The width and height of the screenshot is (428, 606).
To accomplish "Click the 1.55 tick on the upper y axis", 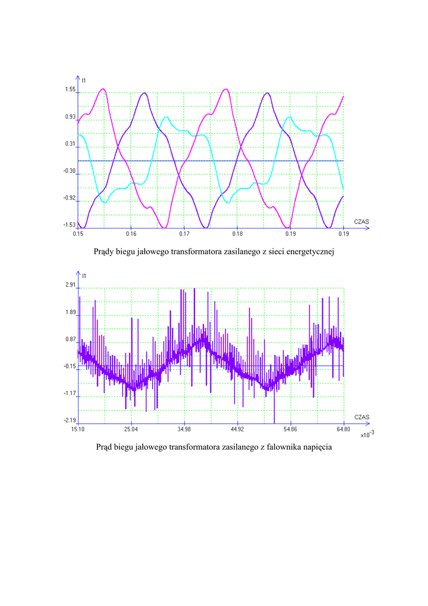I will [x=70, y=90].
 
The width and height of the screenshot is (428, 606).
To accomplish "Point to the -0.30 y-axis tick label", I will [x=70, y=171].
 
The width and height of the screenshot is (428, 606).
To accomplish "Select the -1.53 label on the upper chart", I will [x=70, y=225].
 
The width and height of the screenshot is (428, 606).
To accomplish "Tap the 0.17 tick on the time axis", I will [x=184, y=234].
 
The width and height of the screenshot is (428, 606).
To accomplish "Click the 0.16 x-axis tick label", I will [x=131, y=234].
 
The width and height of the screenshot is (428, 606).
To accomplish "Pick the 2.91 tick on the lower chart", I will [x=70, y=285].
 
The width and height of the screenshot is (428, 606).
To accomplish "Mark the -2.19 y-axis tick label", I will [x=70, y=420].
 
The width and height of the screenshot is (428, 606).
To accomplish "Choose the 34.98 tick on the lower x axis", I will [x=184, y=429].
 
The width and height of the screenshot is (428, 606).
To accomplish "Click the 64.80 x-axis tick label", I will [x=343, y=429].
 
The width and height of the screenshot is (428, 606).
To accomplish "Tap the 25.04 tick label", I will [x=131, y=429].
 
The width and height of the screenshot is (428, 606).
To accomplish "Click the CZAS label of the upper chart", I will [x=361, y=221].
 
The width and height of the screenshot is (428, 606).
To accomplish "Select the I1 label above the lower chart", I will [x=84, y=276].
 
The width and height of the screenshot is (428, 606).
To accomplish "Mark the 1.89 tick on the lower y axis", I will [x=70, y=312].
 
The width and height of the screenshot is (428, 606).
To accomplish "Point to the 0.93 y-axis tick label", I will [x=70, y=117].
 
